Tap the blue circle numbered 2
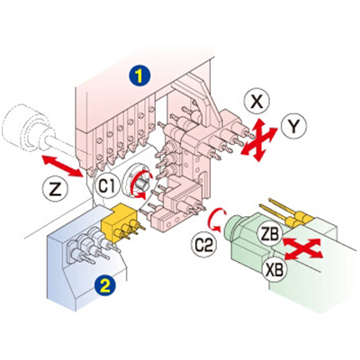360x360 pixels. coord(103,286)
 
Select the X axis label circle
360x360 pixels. coord(256,103)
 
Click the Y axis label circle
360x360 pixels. coord(294,127)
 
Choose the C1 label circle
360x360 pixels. coord(107,185)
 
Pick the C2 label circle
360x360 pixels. coord(203,245)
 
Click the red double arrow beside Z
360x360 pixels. coord(62,166)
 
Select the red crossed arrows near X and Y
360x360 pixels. coord(259,139)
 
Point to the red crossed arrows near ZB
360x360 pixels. coord(303,248)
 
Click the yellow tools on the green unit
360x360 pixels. coord(283,212)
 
